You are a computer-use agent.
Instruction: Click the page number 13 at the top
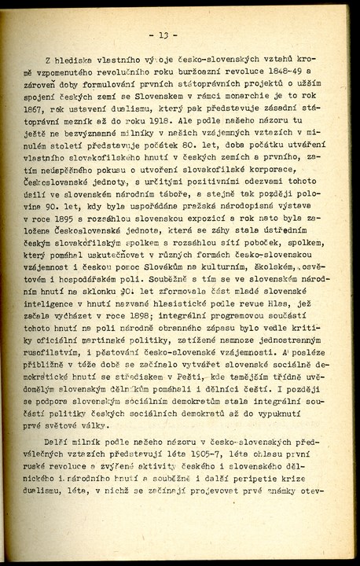[x=167, y=35]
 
